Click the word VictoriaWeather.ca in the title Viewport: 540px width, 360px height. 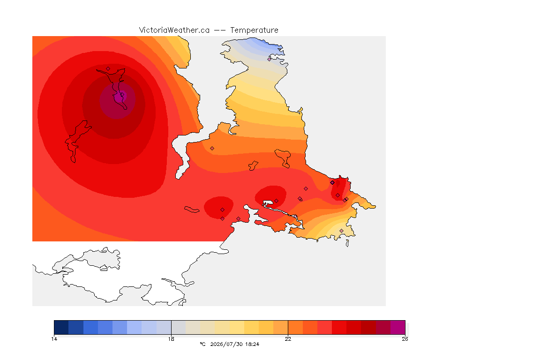[x=174, y=30]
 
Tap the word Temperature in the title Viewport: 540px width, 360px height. [x=254, y=30]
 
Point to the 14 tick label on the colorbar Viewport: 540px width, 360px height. [x=54, y=339]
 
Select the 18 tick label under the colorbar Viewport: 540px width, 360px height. [x=171, y=339]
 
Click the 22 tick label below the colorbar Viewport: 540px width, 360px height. [x=288, y=339]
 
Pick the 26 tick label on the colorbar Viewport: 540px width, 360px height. [x=405, y=339]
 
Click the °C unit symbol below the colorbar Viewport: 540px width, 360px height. [x=202, y=344]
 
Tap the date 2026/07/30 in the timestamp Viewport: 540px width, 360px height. [x=226, y=344]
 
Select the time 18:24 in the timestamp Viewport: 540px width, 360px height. [x=252, y=344]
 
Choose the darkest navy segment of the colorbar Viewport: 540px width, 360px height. [x=61, y=327]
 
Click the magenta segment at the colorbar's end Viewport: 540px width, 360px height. [x=398, y=327]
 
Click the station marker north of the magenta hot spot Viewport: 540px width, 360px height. [x=108, y=68]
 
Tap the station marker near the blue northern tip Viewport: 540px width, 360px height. [x=270, y=59]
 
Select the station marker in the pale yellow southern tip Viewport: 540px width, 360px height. [x=341, y=231]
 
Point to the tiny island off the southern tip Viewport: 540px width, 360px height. [x=347, y=243]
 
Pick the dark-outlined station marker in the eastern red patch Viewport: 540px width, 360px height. [x=332, y=183]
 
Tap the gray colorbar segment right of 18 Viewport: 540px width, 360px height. [x=179, y=327]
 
